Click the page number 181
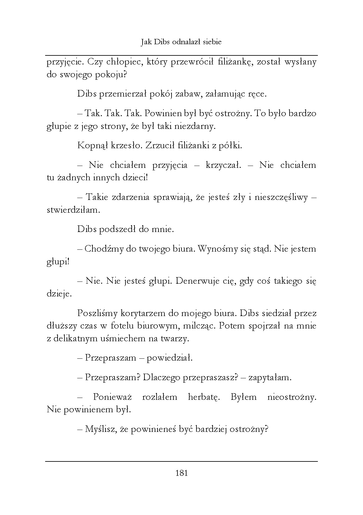181,473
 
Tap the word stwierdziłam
73,210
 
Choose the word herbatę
204,397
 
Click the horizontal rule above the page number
181,461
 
